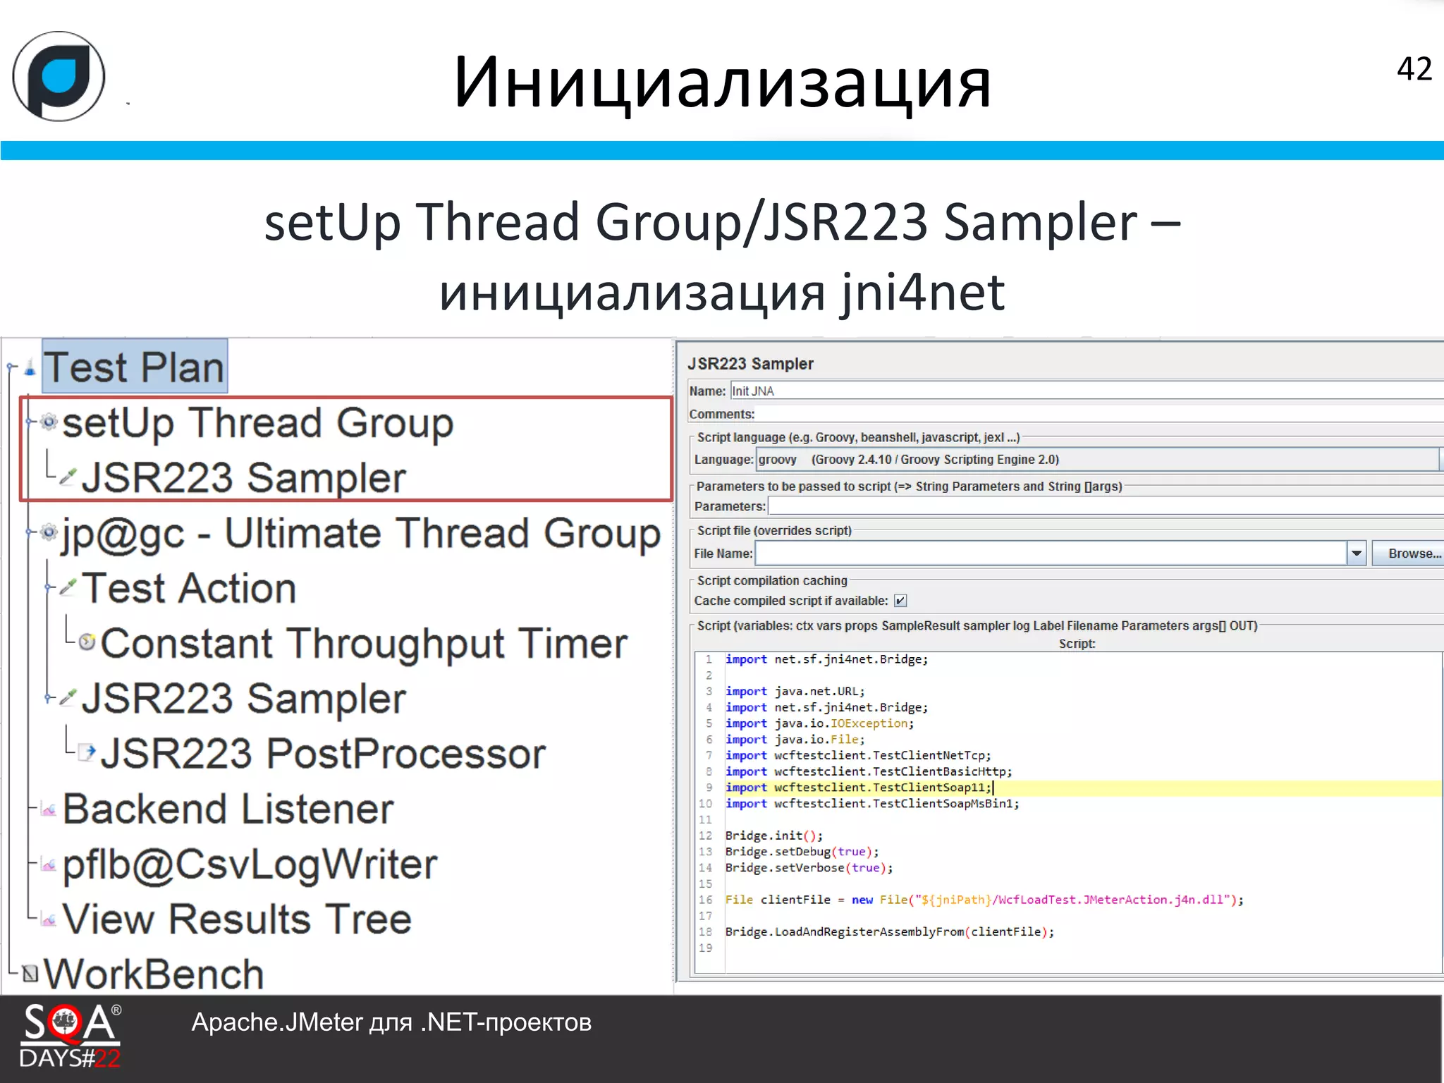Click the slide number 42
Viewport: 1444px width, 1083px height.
click(1414, 69)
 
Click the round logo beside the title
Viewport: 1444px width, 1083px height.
click(59, 76)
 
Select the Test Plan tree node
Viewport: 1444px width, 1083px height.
click(134, 367)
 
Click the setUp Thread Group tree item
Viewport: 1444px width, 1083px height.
click(257, 423)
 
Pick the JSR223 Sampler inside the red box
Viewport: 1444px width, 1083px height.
click(243, 478)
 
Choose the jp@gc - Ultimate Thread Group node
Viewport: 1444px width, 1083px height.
click(360, 533)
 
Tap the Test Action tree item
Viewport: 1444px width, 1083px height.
click(188, 588)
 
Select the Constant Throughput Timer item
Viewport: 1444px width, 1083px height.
click(364, 643)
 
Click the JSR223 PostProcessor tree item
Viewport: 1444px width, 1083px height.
click(323, 754)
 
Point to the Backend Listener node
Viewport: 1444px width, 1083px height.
click(228, 809)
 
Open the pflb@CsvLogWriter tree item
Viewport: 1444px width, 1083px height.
click(250, 864)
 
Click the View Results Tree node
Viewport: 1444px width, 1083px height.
click(237, 919)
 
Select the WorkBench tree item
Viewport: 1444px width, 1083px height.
click(154, 974)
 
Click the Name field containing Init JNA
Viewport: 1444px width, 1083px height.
click(1086, 391)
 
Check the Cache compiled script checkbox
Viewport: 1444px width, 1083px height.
click(900, 601)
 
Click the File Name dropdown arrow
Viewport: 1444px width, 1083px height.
click(1357, 553)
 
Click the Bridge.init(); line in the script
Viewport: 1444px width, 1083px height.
click(773, 836)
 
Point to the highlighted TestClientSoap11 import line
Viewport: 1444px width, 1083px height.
click(858, 788)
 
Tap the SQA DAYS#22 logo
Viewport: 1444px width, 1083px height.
click(71, 1035)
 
